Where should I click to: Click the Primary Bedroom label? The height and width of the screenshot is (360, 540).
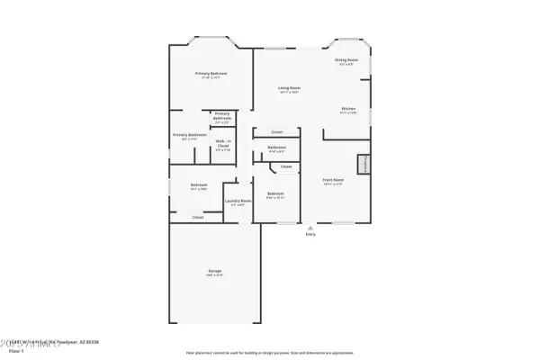click(211, 73)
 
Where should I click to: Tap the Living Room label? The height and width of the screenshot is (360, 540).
click(289, 87)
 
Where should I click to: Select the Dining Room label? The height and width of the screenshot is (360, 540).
click(346, 60)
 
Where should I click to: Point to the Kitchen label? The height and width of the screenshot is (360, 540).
click(348, 108)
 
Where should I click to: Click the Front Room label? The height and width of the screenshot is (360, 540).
click(334, 180)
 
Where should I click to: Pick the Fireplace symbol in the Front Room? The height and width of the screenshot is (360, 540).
click(364, 165)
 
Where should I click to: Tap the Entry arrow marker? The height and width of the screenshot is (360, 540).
click(310, 228)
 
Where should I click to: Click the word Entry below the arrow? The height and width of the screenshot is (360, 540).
click(310, 235)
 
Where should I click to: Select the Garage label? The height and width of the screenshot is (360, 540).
click(215, 271)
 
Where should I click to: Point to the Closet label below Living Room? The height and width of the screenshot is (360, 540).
click(277, 131)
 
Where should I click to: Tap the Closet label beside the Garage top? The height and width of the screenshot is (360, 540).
click(198, 217)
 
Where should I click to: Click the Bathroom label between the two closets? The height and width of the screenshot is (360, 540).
click(277, 147)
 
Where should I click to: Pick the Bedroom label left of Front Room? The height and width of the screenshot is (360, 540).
click(275, 193)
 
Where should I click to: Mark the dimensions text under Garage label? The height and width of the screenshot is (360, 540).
click(215, 275)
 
